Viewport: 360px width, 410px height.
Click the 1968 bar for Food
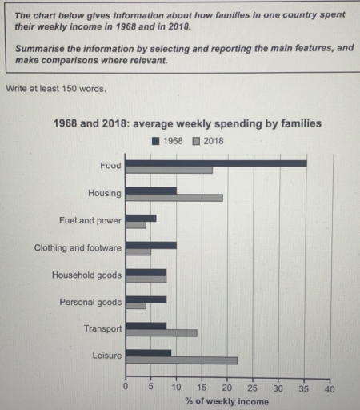[216, 163]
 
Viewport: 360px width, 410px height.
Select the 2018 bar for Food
[169, 170]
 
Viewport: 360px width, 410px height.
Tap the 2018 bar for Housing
[174, 197]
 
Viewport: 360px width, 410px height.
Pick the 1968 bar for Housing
[151, 190]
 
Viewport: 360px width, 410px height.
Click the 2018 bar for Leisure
[182, 360]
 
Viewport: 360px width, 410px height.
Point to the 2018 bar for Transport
[161, 332]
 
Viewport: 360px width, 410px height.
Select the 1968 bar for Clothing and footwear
[151, 244]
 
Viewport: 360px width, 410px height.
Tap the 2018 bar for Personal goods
[136, 306]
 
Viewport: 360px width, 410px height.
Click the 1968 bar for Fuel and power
[141, 217]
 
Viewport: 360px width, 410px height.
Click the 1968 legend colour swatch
[156, 141]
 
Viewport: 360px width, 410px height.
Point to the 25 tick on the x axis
[253, 388]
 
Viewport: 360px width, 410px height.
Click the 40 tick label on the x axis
[329, 388]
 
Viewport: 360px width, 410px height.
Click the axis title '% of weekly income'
[227, 401]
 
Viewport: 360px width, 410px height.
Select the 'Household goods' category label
[86, 275]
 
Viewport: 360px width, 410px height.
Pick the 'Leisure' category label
[106, 356]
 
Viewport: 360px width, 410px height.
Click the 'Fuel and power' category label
[90, 220]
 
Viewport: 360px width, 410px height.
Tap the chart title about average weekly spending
[187, 123]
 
